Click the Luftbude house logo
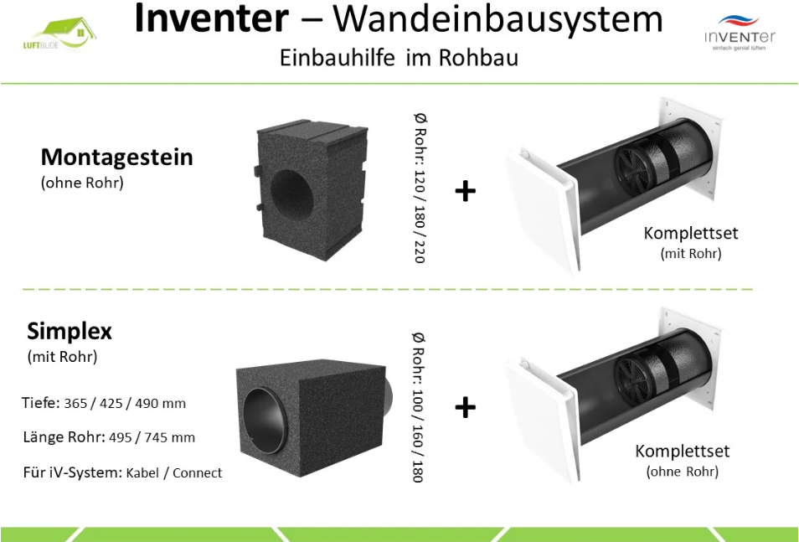[59, 34]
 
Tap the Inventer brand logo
[740, 34]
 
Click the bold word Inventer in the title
[211, 18]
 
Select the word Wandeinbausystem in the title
[497, 19]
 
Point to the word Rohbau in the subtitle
[478, 58]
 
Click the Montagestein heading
[116, 157]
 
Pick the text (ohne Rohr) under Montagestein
[82, 183]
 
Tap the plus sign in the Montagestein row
[465, 192]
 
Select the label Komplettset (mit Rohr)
[690, 242]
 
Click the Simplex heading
[70, 332]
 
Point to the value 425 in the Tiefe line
[111, 403]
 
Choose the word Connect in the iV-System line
[197, 473]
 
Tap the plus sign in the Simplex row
[465, 408]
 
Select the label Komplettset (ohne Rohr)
[683, 461]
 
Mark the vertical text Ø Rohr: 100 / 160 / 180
[418, 407]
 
